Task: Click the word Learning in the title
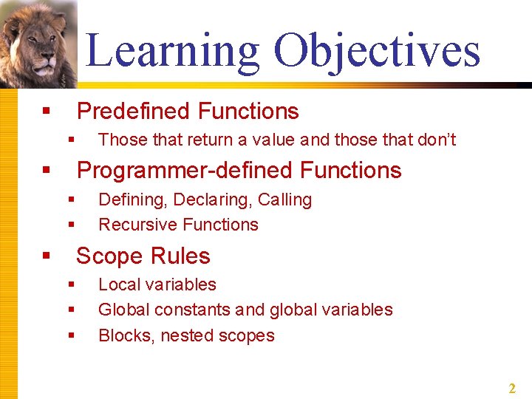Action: point(172,50)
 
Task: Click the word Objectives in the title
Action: point(376,50)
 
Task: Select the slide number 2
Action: point(511,388)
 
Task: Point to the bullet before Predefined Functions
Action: point(46,112)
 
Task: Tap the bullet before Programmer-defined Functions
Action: point(46,171)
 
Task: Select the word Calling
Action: point(284,199)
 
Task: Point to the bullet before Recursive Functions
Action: point(72,225)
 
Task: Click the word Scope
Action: point(108,256)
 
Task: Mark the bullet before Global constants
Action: point(72,310)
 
